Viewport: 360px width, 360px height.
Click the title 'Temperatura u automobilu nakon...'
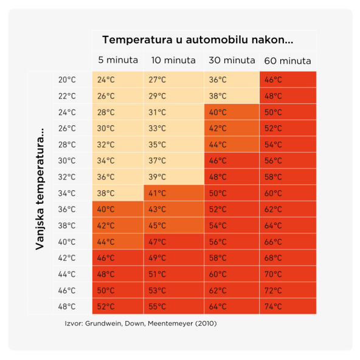(x=198, y=40)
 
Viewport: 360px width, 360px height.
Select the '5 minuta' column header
(x=118, y=61)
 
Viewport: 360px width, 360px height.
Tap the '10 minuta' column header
(x=173, y=61)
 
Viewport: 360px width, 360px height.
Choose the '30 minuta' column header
(x=232, y=61)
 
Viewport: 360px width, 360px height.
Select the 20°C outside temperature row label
(x=67, y=80)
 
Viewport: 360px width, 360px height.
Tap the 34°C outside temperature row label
(x=67, y=193)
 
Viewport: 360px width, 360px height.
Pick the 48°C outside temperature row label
(x=67, y=306)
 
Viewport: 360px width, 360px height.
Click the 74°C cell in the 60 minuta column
(x=288, y=306)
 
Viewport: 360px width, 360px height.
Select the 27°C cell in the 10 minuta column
(x=173, y=80)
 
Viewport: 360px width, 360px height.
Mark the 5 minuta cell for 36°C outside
(x=118, y=209)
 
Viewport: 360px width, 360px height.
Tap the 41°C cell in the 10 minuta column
(x=173, y=193)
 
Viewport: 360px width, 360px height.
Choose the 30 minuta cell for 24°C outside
(x=232, y=112)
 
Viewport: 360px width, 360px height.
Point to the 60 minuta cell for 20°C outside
(x=288, y=80)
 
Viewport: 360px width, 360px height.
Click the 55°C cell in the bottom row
(x=173, y=306)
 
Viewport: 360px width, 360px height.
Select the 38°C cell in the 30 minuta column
(x=232, y=96)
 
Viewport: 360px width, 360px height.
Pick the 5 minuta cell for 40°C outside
(x=118, y=242)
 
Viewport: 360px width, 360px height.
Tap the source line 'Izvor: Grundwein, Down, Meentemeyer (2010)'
(x=140, y=324)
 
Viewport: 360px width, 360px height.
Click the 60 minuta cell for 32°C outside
(x=288, y=177)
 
